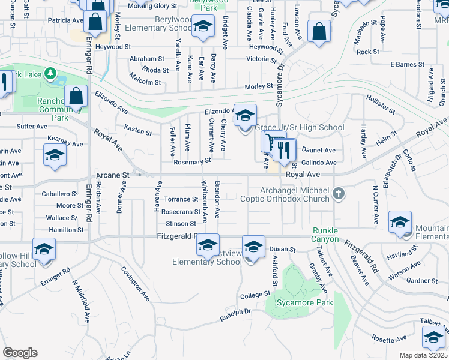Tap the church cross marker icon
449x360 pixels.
tap(339, 193)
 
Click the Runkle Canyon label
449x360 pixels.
tap(325, 235)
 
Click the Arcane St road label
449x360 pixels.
tap(113, 175)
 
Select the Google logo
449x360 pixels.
tap(20, 352)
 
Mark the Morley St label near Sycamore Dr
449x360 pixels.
tap(259, 87)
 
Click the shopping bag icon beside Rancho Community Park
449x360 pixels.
tap(76, 97)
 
